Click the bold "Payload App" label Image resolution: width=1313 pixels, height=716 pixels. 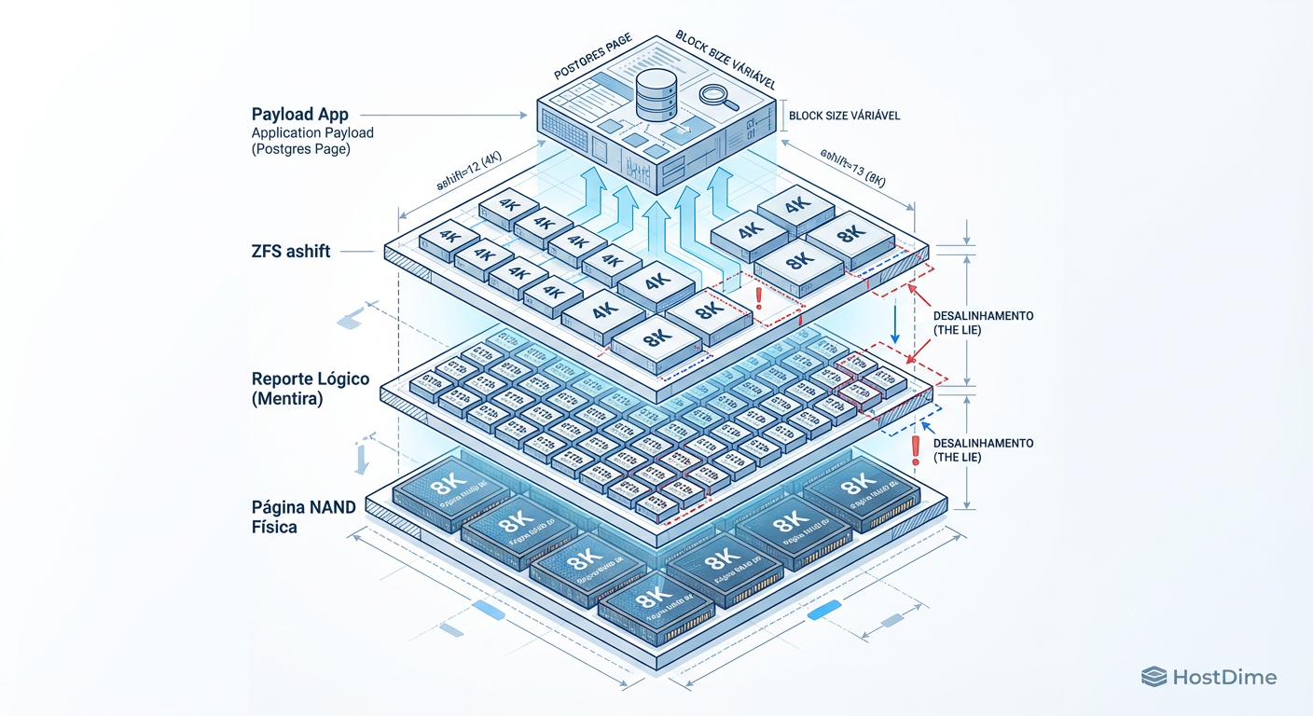coord(299,115)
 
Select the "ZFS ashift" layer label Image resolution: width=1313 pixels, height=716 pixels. coord(291,251)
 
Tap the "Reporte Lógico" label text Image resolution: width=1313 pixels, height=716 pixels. coord(311,379)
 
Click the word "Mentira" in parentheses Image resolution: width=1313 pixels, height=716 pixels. coord(291,398)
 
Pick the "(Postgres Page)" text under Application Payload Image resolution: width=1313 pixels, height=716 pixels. coord(300,149)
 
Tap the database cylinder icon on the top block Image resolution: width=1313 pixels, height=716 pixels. coord(656,97)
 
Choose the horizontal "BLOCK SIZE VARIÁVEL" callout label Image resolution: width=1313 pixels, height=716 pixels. coord(844,116)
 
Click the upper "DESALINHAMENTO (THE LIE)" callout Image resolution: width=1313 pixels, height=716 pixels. coord(983,323)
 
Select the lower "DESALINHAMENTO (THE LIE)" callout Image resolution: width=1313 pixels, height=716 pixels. coord(983,450)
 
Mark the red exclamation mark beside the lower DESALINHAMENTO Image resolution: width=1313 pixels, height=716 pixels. coord(916,450)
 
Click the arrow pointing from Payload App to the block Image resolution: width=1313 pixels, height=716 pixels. coord(448,116)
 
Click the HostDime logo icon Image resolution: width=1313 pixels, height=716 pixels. coord(1154,677)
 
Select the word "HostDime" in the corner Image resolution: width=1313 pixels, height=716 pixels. coord(1224,678)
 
